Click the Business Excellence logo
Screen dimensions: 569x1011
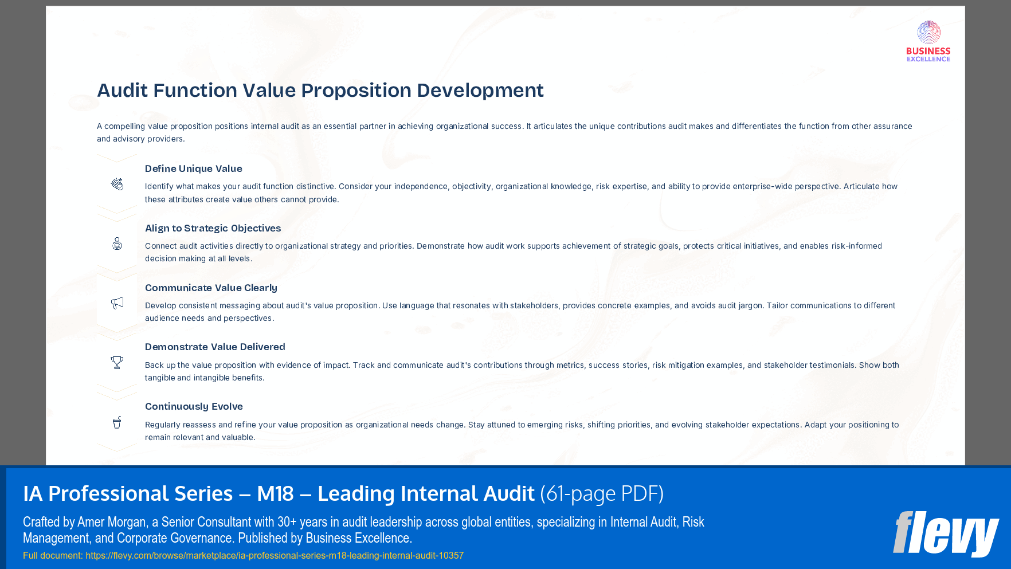click(x=928, y=41)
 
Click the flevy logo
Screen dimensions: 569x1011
click(x=945, y=533)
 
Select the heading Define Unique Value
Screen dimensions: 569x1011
click(x=193, y=168)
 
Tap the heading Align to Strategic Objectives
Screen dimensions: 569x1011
click(x=213, y=228)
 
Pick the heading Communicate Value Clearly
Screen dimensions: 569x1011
click(x=211, y=288)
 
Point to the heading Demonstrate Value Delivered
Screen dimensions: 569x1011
click(x=215, y=347)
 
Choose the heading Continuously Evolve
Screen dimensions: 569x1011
click(x=194, y=406)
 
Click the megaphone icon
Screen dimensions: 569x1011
click(x=117, y=303)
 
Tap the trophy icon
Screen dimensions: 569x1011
click(x=117, y=362)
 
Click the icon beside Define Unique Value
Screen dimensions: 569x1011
click(x=117, y=184)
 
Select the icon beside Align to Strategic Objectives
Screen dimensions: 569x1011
click(x=117, y=244)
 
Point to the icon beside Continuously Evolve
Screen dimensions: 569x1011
click(x=117, y=422)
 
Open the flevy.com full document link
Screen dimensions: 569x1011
click(x=275, y=555)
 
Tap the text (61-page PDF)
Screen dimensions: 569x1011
click(x=602, y=493)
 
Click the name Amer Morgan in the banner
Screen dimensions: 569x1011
click(x=112, y=522)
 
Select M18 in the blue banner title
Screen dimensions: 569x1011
click(x=275, y=493)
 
